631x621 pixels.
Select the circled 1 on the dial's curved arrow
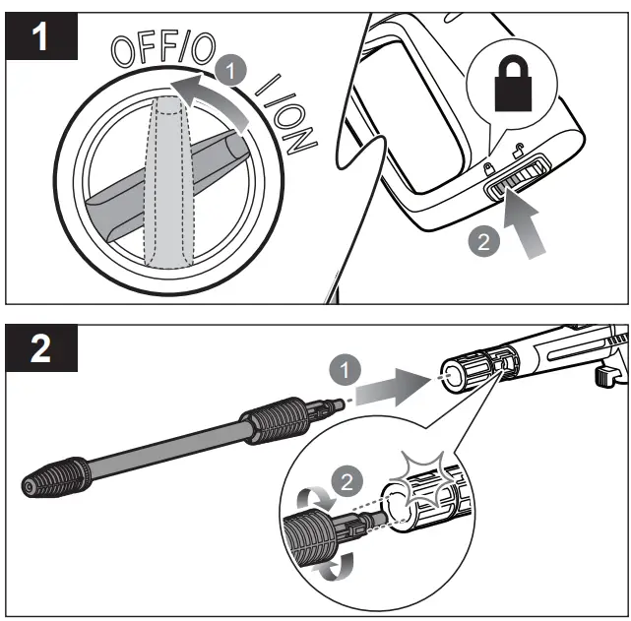point(225,72)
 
